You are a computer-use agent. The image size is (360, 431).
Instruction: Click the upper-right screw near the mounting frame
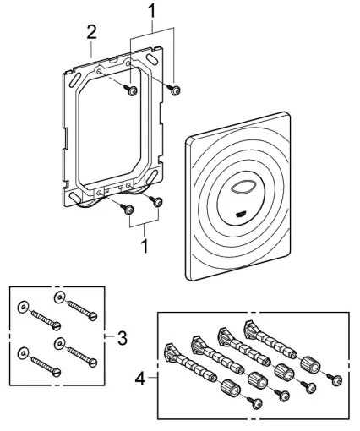coord(175,89)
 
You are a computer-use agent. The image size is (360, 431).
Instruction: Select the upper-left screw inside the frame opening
coord(134,90)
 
